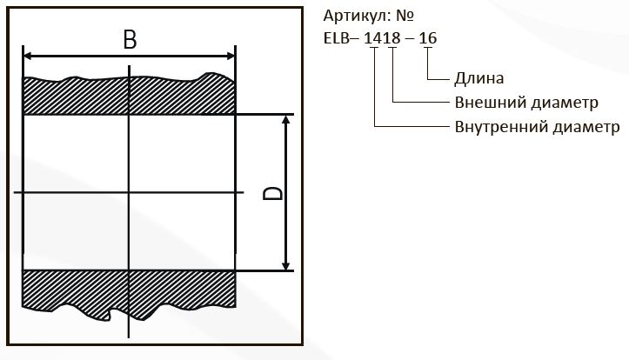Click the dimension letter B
point(130,39)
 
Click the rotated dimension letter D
point(272,193)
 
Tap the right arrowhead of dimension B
point(231,56)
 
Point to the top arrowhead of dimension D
point(285,120)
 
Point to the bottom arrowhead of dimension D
point(285,266)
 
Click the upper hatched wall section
point(129,96)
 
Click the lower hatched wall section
point(129,292)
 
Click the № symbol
point(405,16)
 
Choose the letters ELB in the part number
point(336,38)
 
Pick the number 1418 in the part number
point(382,38)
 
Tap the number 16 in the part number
point(428,38)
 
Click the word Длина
point(479,78)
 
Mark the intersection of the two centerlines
point(129,193)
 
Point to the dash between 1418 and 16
point(410,39)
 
